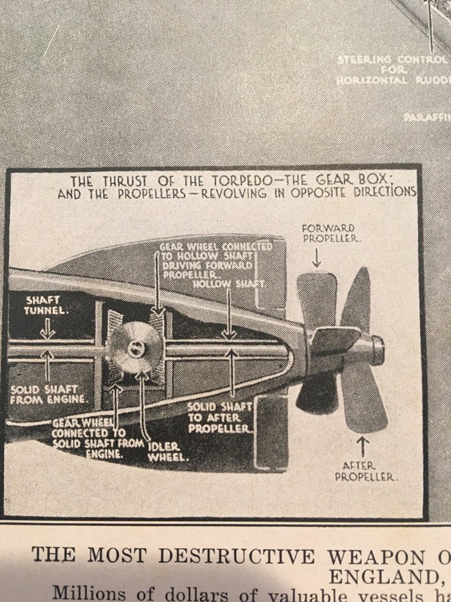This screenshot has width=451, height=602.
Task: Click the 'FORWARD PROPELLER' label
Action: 328,233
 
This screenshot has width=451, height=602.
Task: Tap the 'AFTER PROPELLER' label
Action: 364,471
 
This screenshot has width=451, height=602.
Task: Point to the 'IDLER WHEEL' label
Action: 166,451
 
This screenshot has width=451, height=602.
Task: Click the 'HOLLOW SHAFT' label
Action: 229,283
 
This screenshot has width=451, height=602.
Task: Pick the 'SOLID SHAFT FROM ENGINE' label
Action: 49,395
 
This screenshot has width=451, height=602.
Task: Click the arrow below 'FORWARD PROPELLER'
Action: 316,259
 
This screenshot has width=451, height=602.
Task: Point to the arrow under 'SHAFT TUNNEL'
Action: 47,329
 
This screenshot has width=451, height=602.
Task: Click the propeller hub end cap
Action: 377,350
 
